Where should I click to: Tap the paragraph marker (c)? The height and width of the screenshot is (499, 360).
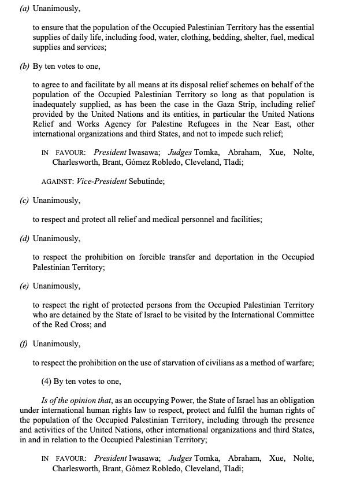tap(24, 200)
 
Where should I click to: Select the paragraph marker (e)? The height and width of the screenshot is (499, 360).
tap(24, 286)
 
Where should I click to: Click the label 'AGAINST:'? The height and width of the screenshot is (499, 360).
tap(57, 181)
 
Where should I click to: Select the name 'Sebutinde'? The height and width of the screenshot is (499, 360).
tap(146, 181)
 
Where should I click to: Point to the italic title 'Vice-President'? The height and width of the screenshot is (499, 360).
tap(101, 181)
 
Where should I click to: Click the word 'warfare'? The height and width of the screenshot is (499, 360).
tap(298, 363)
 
